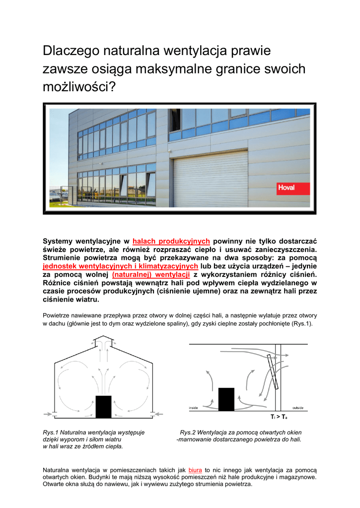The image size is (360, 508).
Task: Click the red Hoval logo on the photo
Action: [293, 189]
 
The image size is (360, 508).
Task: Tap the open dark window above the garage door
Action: [174, 120]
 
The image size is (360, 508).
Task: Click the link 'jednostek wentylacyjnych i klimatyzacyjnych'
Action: [121, 266]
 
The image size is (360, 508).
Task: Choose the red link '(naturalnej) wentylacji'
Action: [151, 274]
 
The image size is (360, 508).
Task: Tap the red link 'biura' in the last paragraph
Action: [195, 469]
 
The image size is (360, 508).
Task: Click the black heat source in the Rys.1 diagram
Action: [104, 407]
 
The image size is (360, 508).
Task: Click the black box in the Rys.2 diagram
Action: [226, 398]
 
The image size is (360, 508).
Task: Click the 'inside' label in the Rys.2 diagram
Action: [194, 408]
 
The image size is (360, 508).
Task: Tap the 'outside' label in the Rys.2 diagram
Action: [298, 408]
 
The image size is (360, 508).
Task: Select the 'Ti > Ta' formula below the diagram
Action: [279, 417]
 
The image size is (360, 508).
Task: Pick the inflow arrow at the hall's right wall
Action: [157, 413]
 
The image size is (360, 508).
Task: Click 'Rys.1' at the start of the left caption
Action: [51, 433]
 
